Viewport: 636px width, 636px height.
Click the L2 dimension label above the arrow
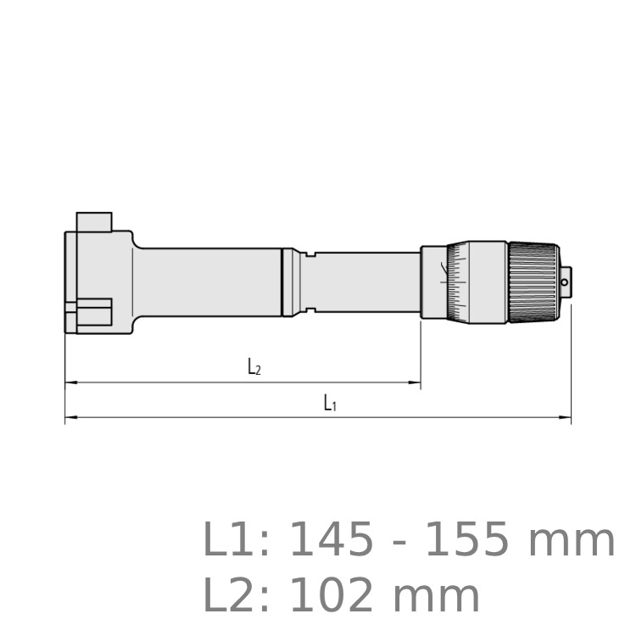click(x=254, y=367)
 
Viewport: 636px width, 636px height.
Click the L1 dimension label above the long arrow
click(x=330, y=403)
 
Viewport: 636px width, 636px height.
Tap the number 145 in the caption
click(x=332, y=540)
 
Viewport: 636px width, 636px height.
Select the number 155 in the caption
click(x=467, y=540)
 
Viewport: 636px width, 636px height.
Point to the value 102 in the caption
click(x=332, y=596)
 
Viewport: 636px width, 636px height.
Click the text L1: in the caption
click(x=235, y=539)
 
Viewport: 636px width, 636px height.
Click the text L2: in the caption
click(x=235, y=595)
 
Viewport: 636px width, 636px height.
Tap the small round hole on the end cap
click(x=564, y=282)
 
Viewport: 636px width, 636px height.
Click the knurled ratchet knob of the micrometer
click(x=533, y=283)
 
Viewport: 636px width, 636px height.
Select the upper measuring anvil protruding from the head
click(x=94, y=222)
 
